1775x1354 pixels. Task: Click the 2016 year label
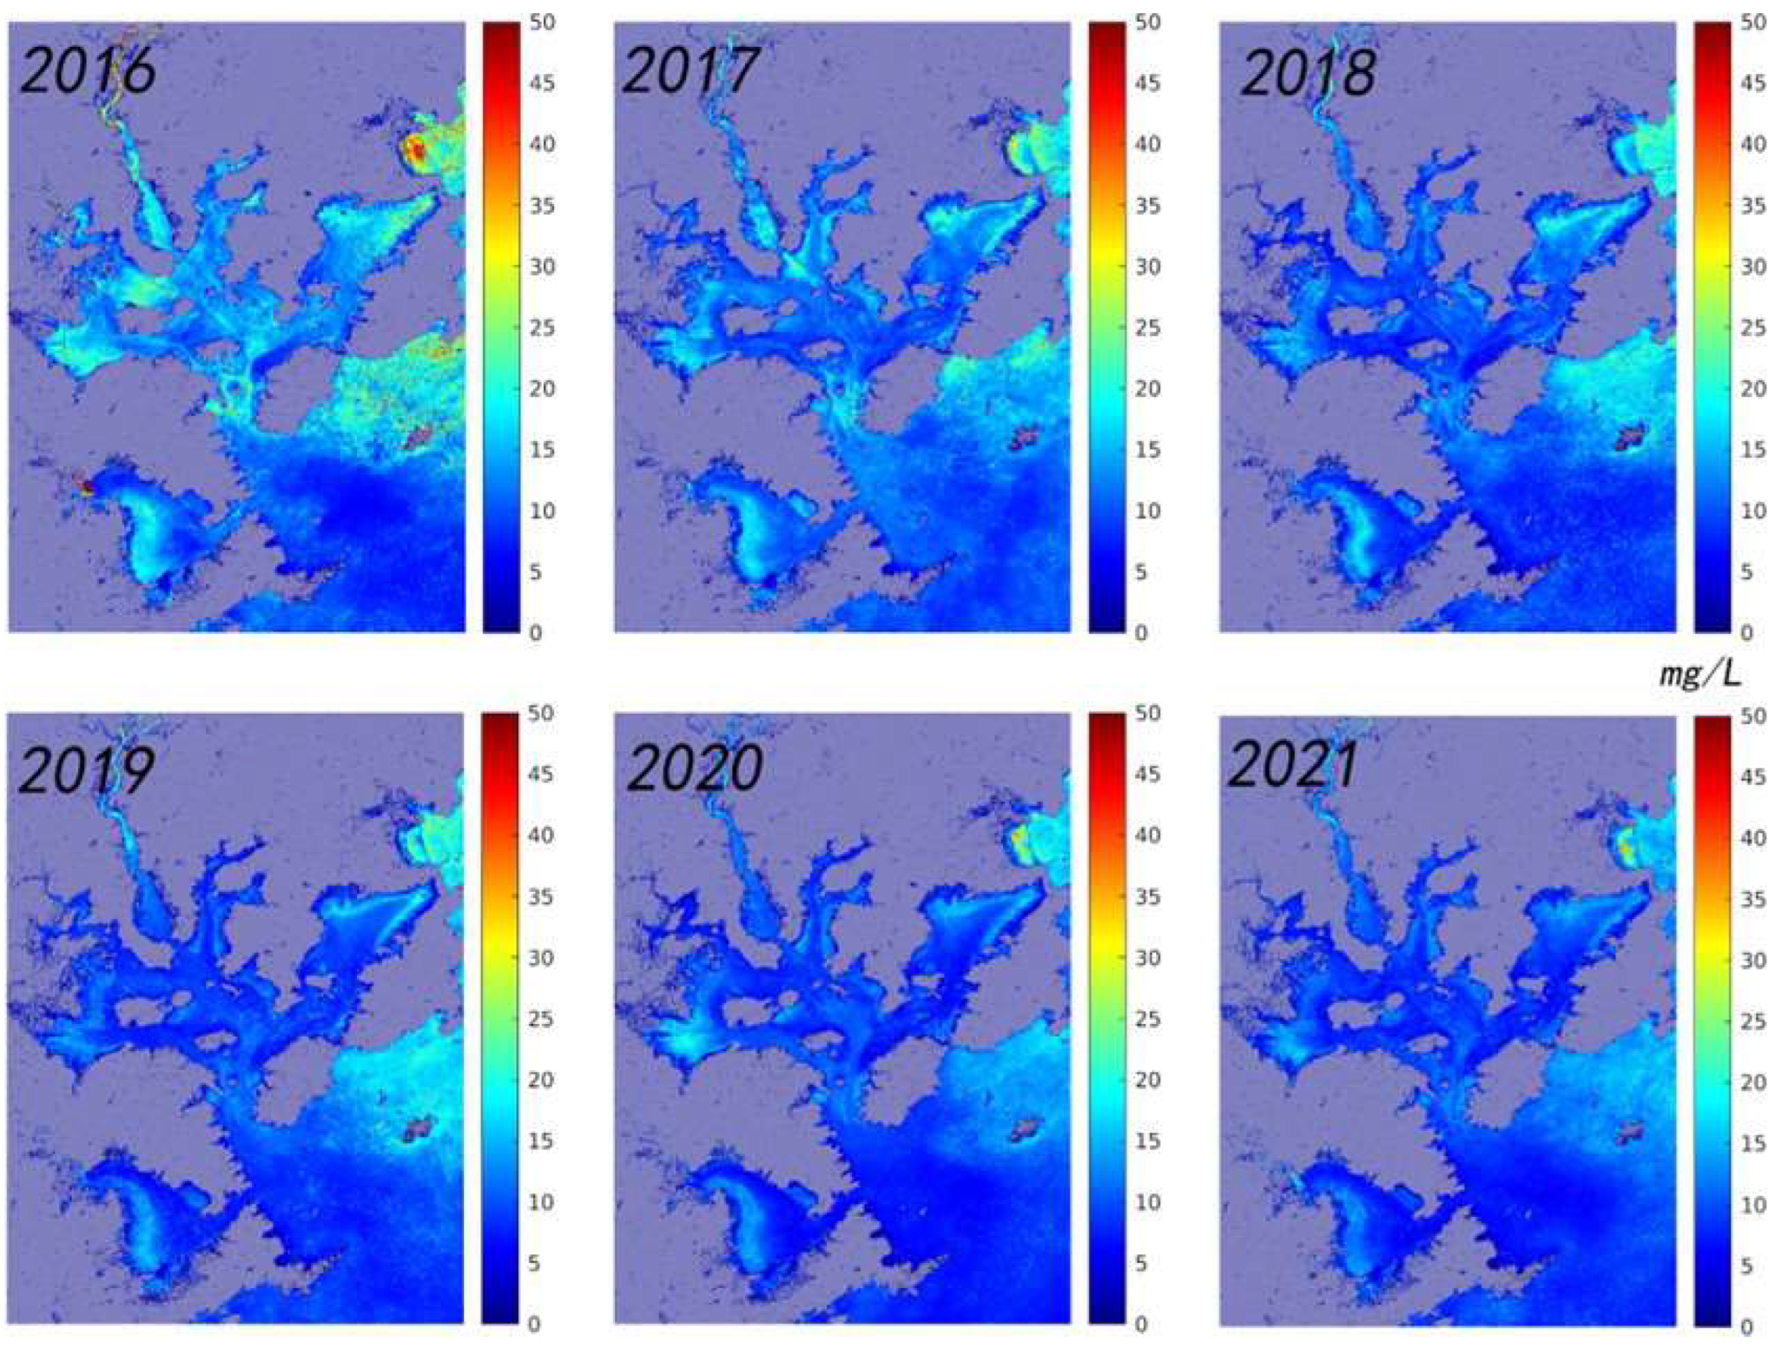[x=88, y=71]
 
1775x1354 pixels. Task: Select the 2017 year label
[x=691, y=71]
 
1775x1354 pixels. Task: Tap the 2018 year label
[x=1309, y=73]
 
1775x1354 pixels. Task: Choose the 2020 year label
[x=694, y=768]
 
